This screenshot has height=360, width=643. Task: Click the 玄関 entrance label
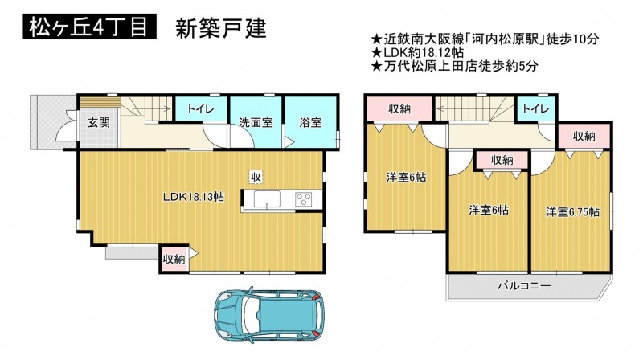click(x=99, y=122)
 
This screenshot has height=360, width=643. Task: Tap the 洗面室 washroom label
click(x=256, y=122)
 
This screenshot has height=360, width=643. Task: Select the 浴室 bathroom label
click(x=310, y=122)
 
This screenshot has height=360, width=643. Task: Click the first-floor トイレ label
click(x=200, y=109)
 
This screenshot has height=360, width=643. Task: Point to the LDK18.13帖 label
click(x=194, y=197)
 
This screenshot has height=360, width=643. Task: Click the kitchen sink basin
click(x=268, y=199)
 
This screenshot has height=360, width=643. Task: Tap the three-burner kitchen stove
click(x=304, y=199)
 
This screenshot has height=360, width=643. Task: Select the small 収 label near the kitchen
click(x=256, y=177)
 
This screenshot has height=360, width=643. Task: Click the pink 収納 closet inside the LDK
click(x=174, y=259)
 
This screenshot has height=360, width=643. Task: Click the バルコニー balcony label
click(x=524, y=285)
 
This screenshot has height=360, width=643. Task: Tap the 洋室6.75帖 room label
click(x=572, y=212)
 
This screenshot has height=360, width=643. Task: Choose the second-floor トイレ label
click(x=536, y=108)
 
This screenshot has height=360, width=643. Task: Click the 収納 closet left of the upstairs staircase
click(x=399, y=109)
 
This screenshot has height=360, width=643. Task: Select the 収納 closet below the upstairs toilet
click(x=584, y=136)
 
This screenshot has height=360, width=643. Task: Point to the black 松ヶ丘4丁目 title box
click(x=89, y=27)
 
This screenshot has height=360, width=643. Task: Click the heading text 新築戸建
click(x=221, y=28)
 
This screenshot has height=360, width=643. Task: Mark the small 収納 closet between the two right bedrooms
click(x=502, y=160)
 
